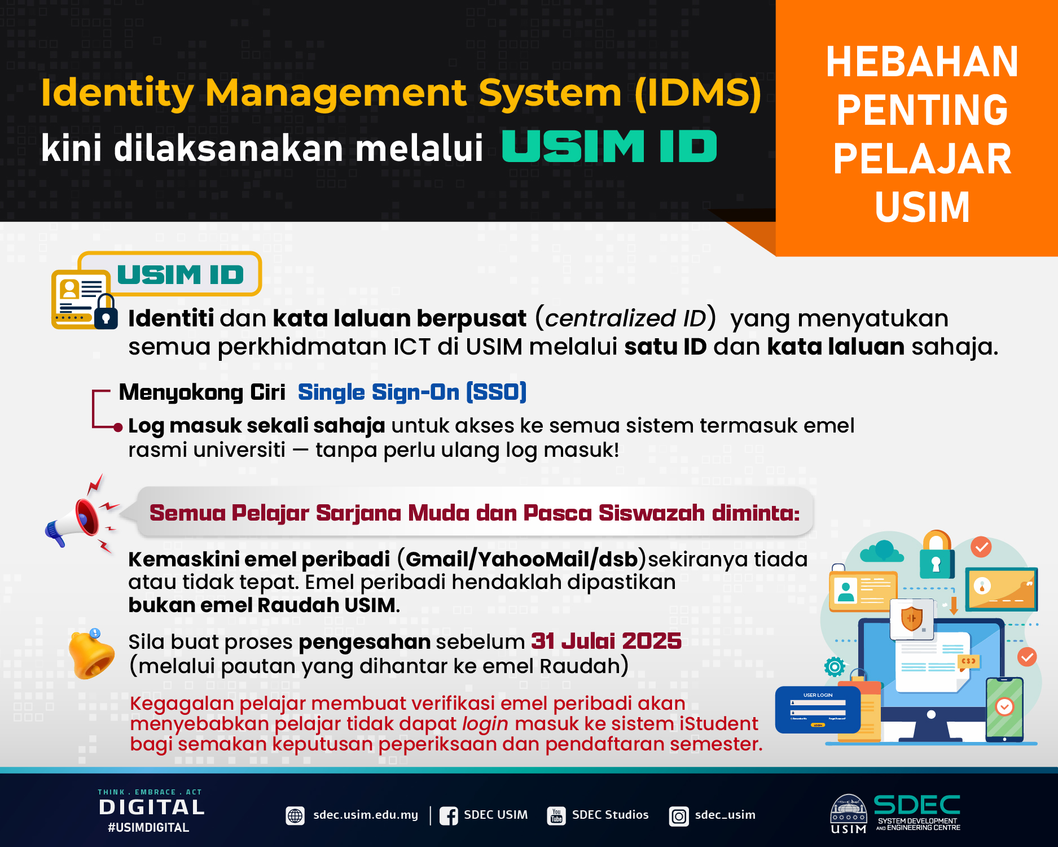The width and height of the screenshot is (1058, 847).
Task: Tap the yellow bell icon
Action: pos(91,654)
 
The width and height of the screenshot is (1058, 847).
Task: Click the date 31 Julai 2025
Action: pos(606,641)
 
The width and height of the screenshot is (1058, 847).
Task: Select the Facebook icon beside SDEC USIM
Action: pos(449,816)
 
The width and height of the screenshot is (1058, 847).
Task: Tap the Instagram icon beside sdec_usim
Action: pos(679,816)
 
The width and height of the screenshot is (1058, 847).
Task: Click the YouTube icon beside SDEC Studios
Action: pos(556,816)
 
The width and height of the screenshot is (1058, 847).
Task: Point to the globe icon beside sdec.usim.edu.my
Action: pos(295,816)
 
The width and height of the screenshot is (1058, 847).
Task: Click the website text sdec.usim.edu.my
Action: pos(366,815)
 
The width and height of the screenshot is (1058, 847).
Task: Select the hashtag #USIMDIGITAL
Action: pos(148,827)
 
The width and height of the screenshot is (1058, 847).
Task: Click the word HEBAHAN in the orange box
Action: pos(922,62)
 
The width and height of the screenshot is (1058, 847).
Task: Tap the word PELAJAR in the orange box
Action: pos(922,159)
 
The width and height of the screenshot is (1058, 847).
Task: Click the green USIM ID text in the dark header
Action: pos(609,146)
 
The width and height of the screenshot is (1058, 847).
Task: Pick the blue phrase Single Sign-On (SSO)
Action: pos(412,392)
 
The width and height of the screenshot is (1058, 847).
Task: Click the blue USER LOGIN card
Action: pos(818,710)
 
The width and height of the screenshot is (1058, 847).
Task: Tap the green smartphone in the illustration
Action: pos(1004,710)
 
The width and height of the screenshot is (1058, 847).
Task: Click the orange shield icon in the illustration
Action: pos(911,618)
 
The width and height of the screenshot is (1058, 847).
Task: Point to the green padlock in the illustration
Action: pos(937,556)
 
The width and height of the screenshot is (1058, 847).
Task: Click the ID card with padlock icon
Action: pos(85,298)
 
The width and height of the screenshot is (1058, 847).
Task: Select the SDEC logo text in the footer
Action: pos(917,804)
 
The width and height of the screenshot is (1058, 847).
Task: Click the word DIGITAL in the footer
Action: pos(152,807)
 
